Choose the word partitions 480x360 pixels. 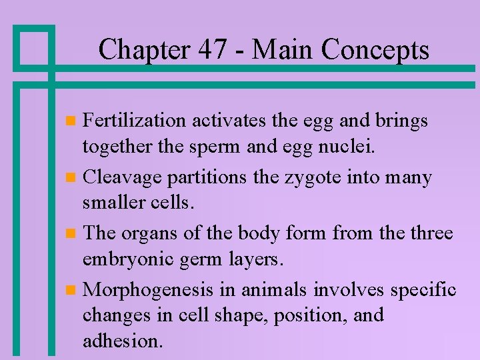(210, 178)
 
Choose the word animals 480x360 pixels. (273, 290)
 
